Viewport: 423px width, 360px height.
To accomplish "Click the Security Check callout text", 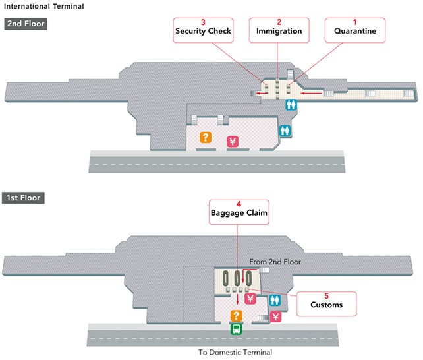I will [x=204, y=31].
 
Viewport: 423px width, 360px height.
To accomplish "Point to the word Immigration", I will [x=279, y=31].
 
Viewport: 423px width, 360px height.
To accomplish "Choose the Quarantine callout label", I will [x=355, y=31].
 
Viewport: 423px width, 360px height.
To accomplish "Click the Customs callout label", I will [x=326, y=305].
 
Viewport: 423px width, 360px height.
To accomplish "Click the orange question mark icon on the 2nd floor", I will [x=206, y=137].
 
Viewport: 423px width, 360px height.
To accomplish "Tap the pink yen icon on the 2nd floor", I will [x=232, y=140].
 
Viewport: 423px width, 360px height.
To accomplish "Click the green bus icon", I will [x=235, y=329].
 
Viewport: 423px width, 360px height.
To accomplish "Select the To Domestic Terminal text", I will [x=235, y=352].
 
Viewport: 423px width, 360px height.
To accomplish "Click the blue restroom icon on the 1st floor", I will [x=275, y=300].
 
